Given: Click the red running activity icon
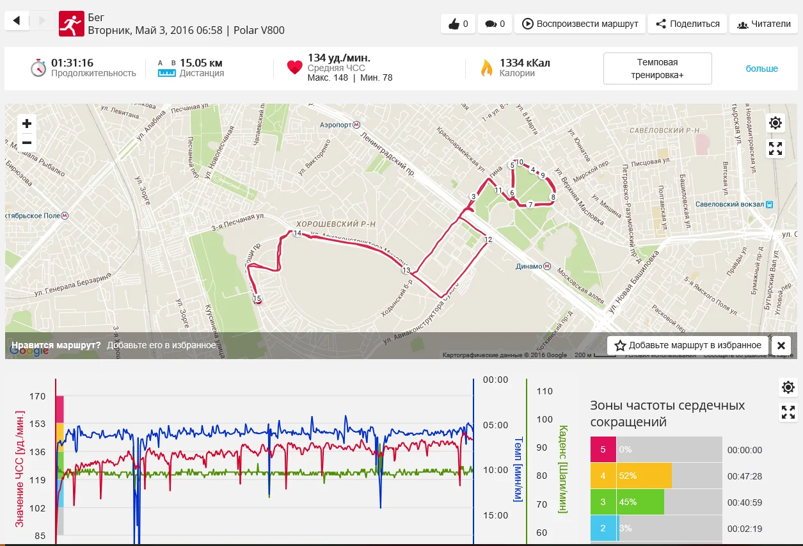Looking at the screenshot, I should pyautogui.click(x=71, y=24).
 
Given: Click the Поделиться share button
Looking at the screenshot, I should pyautogui.click(x=687, y=24).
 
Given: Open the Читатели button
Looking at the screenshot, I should pyautogui.click(x=763, y=24).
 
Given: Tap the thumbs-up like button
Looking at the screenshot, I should pyautogui.click(x=458, y=24).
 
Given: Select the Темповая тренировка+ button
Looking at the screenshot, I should pyautogui.click(x=657, y=68).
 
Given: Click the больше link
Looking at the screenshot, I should pyautogui.click(x=761, y=68).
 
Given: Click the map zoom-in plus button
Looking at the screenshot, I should pyautogui.click(x=27, y=124).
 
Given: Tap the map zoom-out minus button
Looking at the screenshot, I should pyautogui.click(x=27, y=142).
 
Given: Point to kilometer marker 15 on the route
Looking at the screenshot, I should pyautogui.click(x=257, y=299).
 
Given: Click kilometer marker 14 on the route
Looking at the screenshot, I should pyautogui.click(x=297, y=234).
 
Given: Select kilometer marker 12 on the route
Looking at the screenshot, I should pyautogui.click(x=488, y=239).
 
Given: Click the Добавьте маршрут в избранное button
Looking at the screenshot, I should pyautogui.click(x=688, y=345).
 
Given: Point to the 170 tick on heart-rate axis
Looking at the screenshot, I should pyautogui.click(x=37, y=396).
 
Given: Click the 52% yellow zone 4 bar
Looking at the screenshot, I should pyautogui.click(x=644, y=476).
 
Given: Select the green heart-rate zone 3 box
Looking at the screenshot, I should pyautogui.click(x=603, y=502).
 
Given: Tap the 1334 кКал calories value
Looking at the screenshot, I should pyautogui.click(x=525, y=63).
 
